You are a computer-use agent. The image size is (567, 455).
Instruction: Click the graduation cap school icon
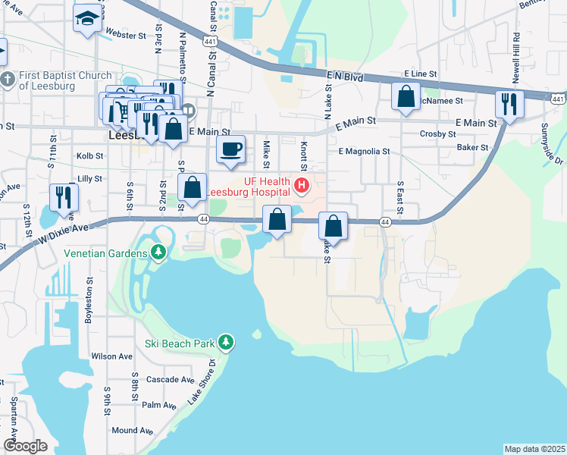click(x=88, y=18)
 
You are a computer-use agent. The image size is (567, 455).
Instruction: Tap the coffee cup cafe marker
click(x=231, y=149)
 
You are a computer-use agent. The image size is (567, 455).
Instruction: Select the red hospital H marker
click(x=302, y=184)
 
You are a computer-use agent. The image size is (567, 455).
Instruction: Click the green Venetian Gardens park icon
click(x=158, y=252)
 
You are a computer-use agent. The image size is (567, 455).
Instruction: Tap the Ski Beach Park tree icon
click(x=225, y=343)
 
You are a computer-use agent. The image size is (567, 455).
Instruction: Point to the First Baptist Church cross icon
click(x=8, y=80)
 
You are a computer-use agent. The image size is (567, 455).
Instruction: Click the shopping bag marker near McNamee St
click(x=406, y=96)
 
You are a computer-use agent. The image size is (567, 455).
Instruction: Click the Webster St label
click(x=126, y=35)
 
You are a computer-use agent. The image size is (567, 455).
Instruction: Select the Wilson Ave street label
click(x=111, y=356)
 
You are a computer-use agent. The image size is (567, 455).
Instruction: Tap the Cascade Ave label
click(x=171, y=379)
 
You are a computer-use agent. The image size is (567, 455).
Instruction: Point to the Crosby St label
click(x=437, y=133)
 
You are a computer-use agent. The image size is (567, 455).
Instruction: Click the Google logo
click(x=25, y=446)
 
